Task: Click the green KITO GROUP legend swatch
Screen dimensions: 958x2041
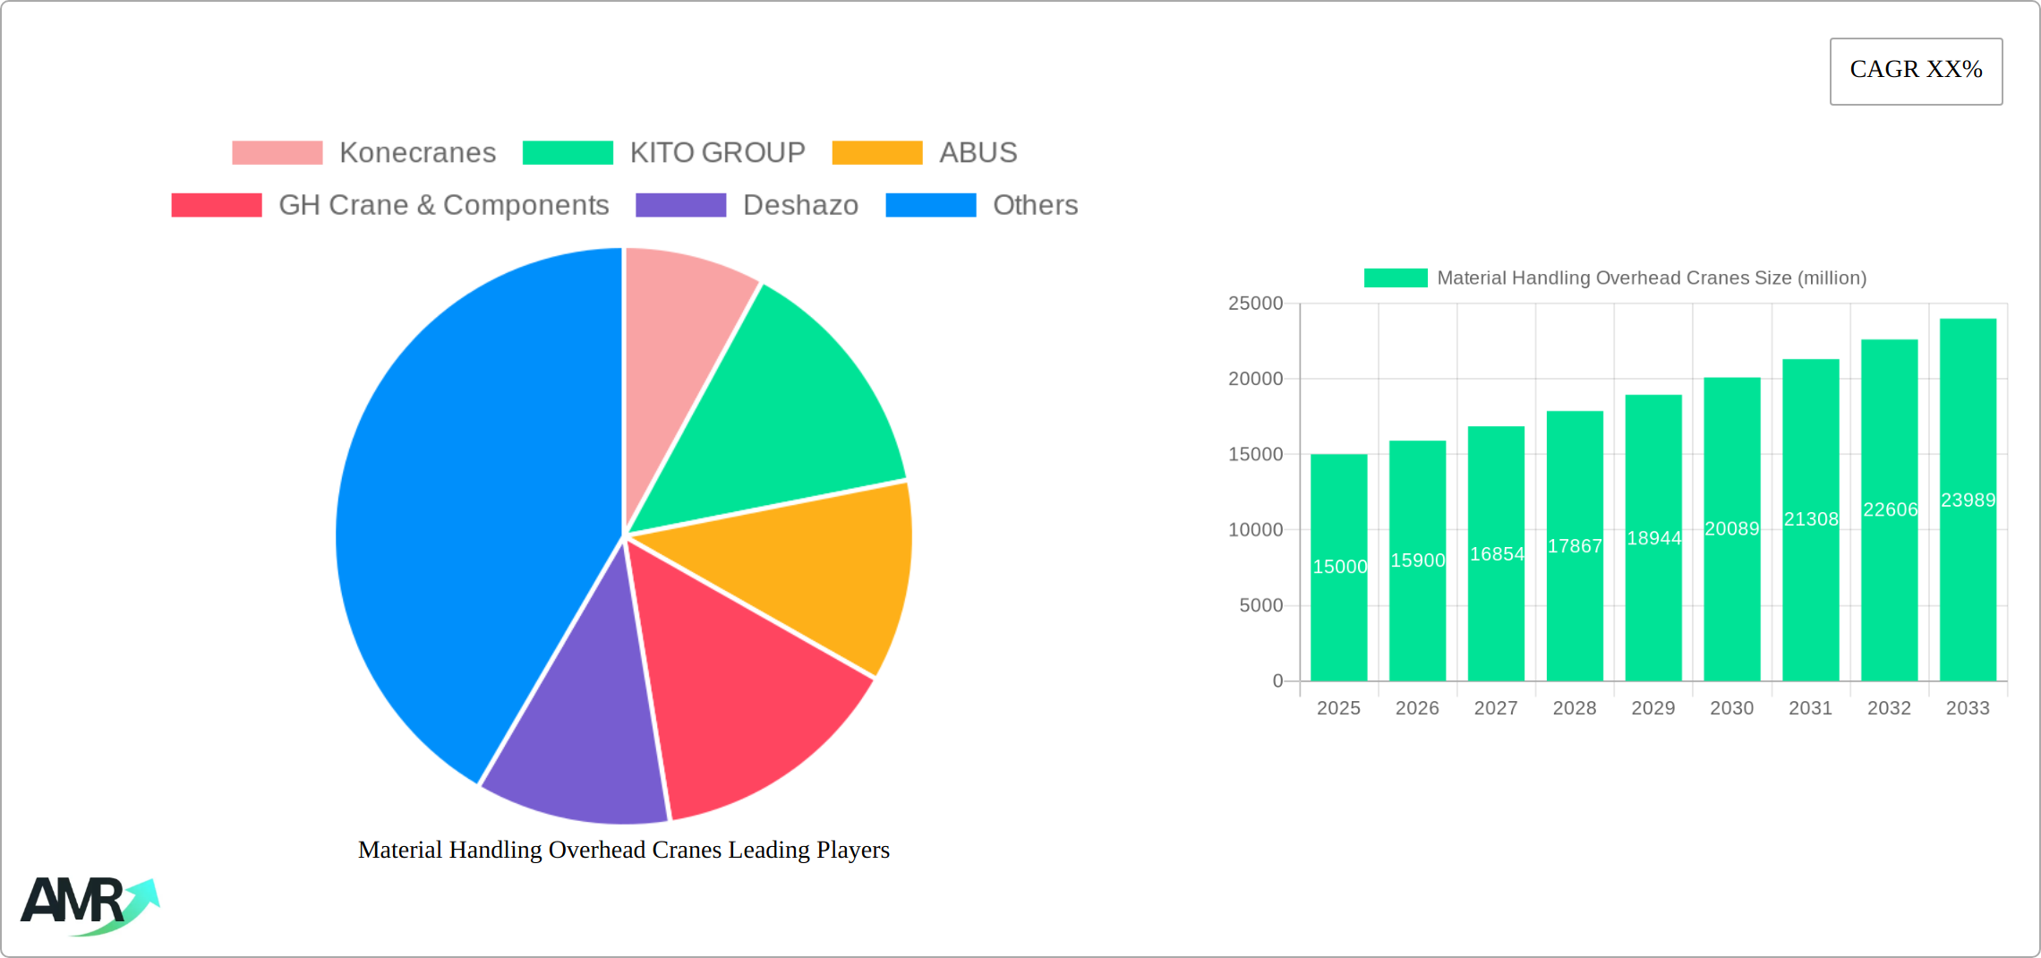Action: click(568, 153)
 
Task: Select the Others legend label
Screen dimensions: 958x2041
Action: click(1035, 205)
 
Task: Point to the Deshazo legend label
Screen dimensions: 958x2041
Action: click(800, 205)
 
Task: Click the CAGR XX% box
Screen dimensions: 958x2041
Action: click(1916, 71)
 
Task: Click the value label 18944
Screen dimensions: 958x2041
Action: click(1653, 538)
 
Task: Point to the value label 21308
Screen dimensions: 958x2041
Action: click(1811, 519)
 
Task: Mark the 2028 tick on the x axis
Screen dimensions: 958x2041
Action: click(1575, 708)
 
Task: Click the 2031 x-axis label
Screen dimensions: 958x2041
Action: click(1810, 708)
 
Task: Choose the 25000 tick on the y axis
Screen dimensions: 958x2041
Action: click(1255, 304)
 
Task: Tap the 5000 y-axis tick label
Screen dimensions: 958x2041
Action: click(1260, 605)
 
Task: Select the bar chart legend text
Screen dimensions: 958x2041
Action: click(1652, 278)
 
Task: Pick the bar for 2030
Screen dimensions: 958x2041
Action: click(1732, 609)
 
